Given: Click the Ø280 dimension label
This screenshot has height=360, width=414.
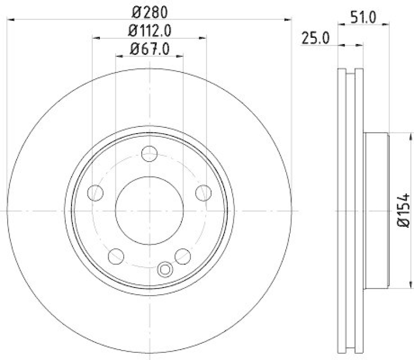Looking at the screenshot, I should tap(150, 11).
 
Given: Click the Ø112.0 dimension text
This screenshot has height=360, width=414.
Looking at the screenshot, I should tap(150, 31).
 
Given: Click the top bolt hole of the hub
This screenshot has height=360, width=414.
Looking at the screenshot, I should tap(150, 153).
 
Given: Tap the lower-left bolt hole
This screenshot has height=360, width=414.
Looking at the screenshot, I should tap(116, 256).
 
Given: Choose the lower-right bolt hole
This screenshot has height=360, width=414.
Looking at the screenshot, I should tap(183, 256).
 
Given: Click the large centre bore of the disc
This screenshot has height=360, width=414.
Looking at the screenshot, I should tap(150, 211).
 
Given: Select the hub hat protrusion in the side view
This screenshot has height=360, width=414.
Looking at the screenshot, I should tap(376, 211).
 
